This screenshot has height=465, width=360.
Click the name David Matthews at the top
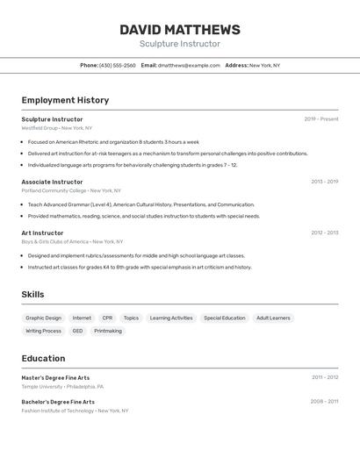[179, 30]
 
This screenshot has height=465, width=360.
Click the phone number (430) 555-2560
[117, 65]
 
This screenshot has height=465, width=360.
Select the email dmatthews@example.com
[189, 65]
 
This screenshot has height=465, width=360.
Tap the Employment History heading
[65, 100]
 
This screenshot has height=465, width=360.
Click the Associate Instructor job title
[52, 182]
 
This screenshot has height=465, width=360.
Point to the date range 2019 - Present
[320, 119]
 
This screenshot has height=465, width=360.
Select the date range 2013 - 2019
[324, 182]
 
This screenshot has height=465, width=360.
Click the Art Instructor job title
[42, 232]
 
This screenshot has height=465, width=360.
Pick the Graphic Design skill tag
[44, 318]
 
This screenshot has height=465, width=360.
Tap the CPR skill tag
[107, 318]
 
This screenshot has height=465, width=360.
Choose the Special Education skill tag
[225, 318]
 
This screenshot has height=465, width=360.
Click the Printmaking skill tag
[108, 331]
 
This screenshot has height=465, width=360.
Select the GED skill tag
[77, 331]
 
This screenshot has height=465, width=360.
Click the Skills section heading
[32, 294]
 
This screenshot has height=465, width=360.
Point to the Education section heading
[43, 358]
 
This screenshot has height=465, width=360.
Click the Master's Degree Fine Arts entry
[55, 377]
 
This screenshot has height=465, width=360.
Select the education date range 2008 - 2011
[324, 402]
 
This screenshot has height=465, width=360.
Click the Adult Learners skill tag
[273, 318]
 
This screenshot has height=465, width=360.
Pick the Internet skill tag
[82, 318]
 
